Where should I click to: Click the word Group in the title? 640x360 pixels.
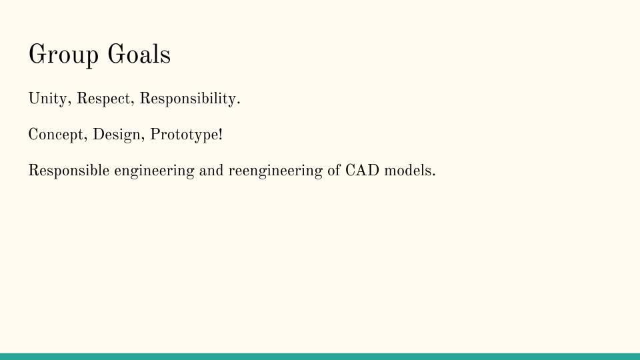63,55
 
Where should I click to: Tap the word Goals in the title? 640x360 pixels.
139,54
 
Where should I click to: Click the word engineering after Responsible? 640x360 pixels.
154,171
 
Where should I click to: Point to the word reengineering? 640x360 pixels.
275,171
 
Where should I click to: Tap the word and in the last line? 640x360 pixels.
211,171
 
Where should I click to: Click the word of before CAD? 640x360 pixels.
334,171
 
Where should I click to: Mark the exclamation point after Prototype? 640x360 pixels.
221,134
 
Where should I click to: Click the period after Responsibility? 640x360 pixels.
239,104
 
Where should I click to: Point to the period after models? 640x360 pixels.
433,175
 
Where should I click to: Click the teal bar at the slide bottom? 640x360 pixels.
320,357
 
